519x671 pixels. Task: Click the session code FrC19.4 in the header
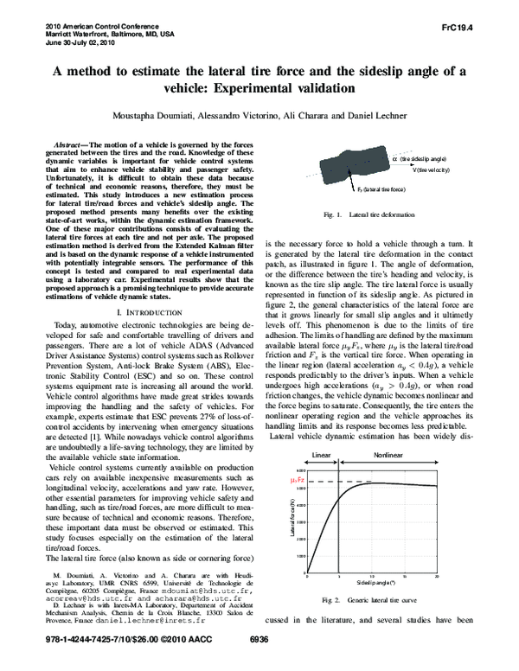coord(483,27)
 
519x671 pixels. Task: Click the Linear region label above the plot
coord(321,453)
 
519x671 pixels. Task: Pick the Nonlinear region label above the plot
coord(388,453)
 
